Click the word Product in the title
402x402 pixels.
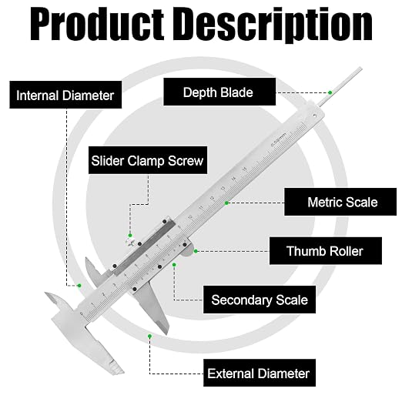coord(97,25)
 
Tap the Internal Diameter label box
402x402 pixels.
coord(65,95)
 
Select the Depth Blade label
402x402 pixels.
coord(219,92)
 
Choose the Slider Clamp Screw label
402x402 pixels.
coord(148,160)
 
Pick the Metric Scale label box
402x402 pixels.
coord(340,202)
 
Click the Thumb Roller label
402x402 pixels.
coord(325,251)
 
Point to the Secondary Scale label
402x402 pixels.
coord(260,300)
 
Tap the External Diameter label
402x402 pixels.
coord(260,373)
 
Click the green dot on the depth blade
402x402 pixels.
coord(330,92)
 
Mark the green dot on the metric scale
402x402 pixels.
coord(226,203)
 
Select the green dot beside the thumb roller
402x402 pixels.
coord(196,251)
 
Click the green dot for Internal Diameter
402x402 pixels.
coord(79,286)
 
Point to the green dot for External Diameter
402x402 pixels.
coord(149,336)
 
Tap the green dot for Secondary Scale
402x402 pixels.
coord(174,265)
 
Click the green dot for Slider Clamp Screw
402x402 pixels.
coord(130,236)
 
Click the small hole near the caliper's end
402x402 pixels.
coord(315,116)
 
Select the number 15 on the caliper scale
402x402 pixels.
coord(244,169)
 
